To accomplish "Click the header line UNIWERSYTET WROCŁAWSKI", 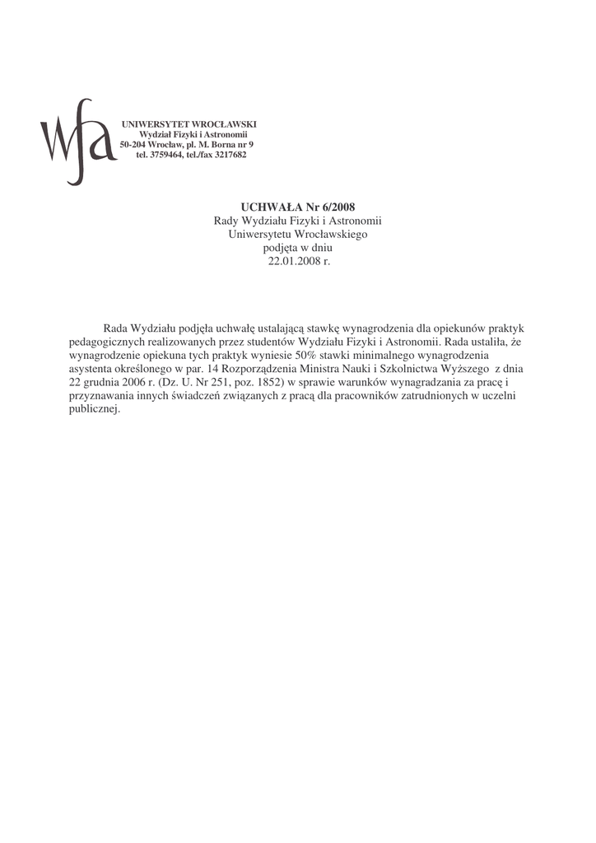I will (189, 123).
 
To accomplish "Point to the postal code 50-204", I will (133, 144).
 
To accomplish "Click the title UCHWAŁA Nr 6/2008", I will (298, 206).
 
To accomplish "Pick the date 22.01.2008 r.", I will (298, 260).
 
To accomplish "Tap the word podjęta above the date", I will (280, 247).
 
